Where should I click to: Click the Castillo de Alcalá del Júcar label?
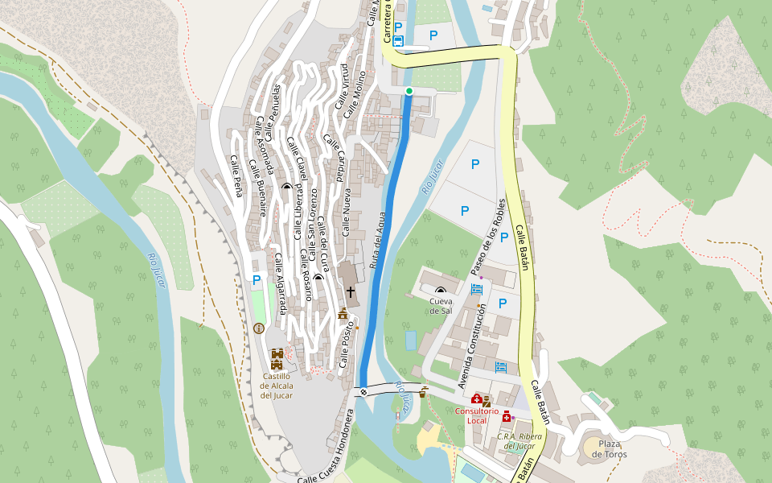(276, 385)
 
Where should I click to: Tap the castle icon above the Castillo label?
(277, 355)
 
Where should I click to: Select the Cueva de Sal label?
(440, 306)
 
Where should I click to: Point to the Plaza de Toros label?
(610, 448)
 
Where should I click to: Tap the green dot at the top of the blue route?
(409, 91)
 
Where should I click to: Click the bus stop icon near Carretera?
(398, 38)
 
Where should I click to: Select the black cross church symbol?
(350, 291)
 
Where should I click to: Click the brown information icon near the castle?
(258, 328)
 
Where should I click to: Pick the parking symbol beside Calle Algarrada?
(256, 280)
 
